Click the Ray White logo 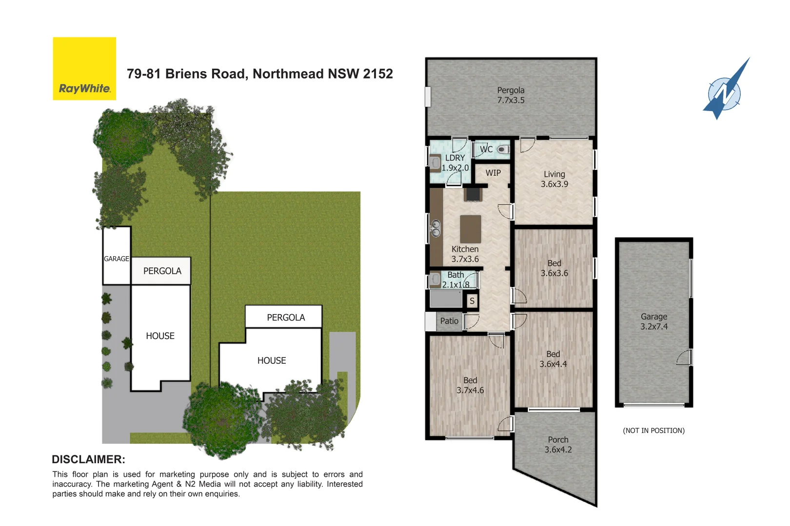[84, 69]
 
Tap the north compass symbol [725, 91]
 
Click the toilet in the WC [502, 150]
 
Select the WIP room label [493, 173]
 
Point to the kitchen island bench [471, 229]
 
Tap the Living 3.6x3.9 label [554, 179]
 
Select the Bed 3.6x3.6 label [554, 268]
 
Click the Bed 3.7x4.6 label [470, 385]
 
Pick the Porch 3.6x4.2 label [558, 445]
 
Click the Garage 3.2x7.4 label [654, 321]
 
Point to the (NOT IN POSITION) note [653, 431]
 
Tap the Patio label [449, 321]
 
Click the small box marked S [472, 301]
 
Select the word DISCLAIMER [88, 459]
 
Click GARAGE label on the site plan [117, 259]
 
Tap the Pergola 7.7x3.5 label [511, 95]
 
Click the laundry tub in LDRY [435, 162]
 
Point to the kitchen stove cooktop [473, 194]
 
